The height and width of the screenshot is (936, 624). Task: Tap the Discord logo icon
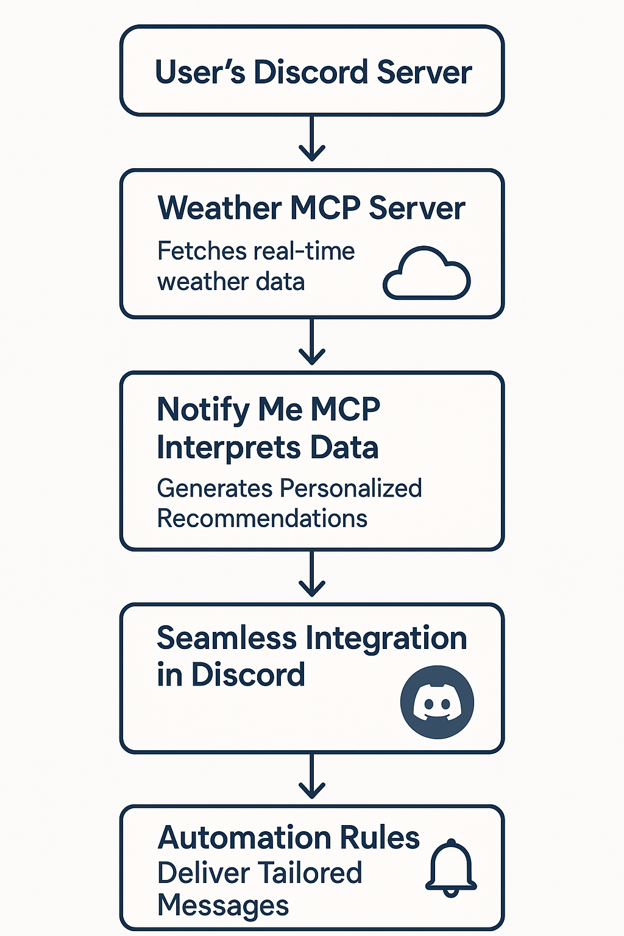coord(437,702)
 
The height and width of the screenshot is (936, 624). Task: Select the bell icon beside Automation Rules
coord(451,868)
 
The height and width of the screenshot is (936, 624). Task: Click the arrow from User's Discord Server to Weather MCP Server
coord(312,139)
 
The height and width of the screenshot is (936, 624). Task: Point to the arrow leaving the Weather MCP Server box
coord(312,342)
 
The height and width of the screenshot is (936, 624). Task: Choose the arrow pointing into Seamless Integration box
coord(312,575)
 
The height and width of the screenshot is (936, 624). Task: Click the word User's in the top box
coord(200,72)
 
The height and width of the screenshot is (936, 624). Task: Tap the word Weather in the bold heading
coord(219,208)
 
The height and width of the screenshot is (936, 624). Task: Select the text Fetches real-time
coord(256,251)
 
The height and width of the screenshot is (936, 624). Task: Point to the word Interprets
coord(229,448)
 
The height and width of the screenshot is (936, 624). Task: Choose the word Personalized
coord(351,488)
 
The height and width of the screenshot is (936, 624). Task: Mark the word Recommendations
coord(262,519)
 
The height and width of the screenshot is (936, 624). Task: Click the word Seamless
coord(227,638)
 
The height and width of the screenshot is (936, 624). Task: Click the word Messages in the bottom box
coord(223,906)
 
